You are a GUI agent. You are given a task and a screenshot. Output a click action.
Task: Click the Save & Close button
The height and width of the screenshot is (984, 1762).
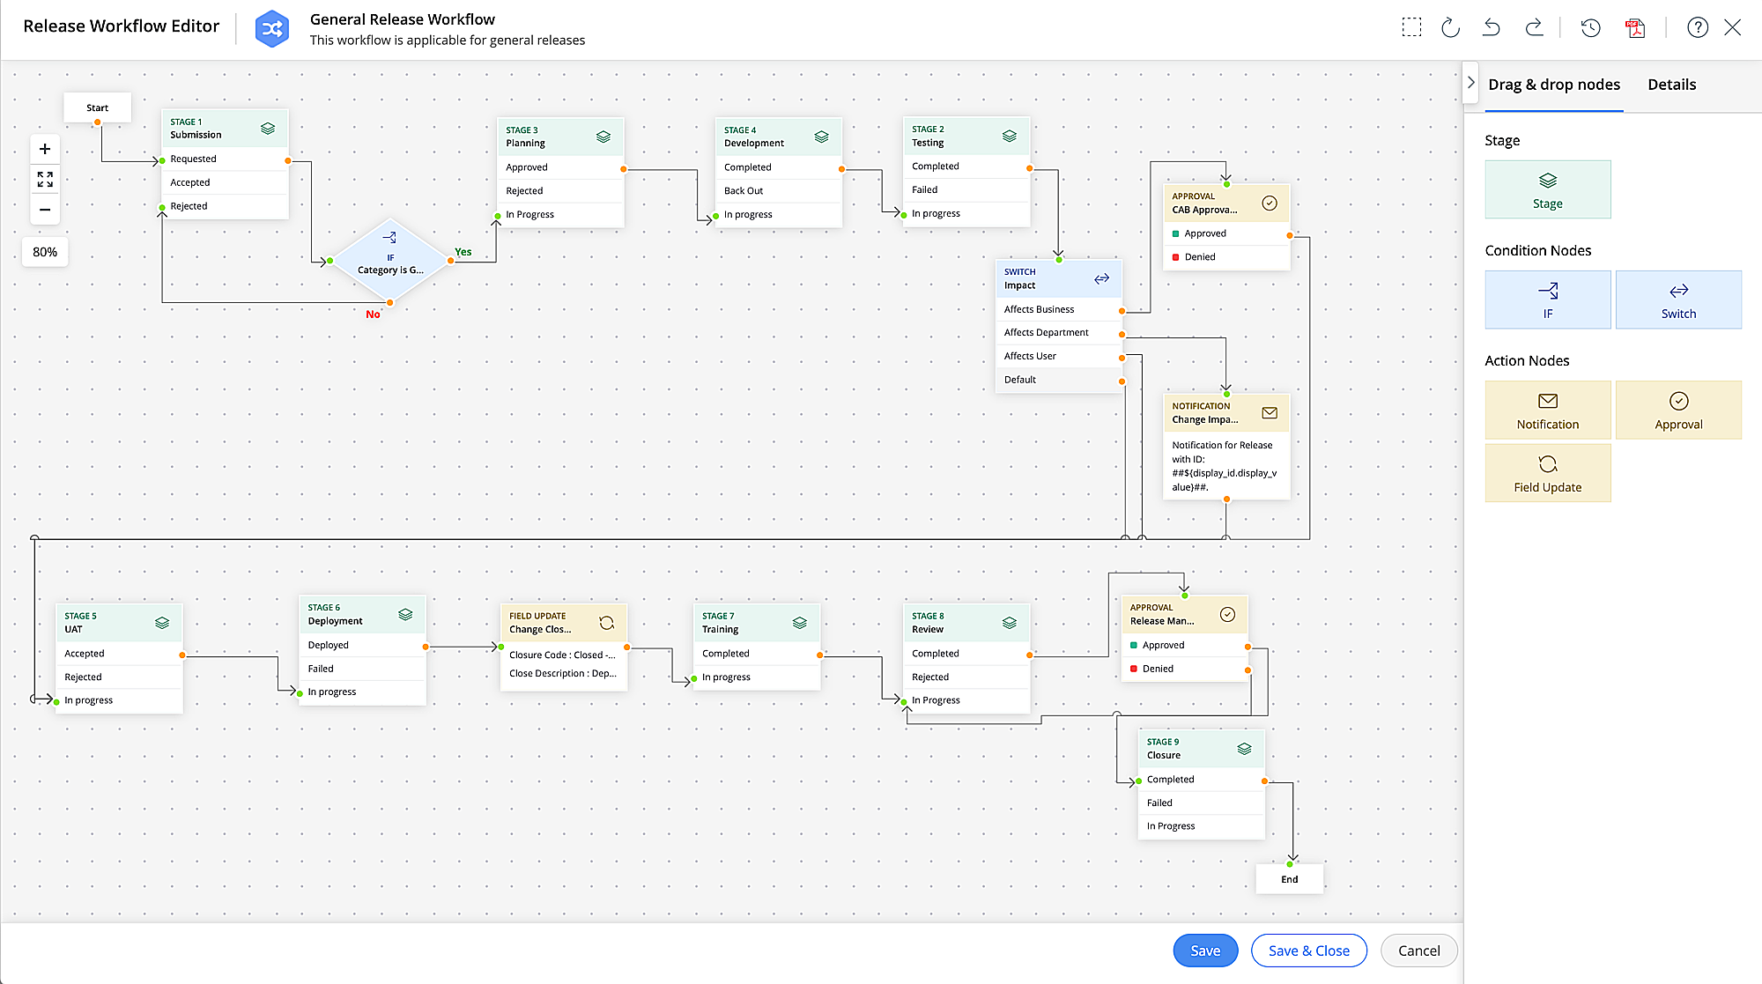coord(1308,951)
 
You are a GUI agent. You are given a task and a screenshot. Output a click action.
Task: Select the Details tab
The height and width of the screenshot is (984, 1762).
coord(1671,85)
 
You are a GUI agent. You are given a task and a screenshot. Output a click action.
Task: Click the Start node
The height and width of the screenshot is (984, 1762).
coord(97,107)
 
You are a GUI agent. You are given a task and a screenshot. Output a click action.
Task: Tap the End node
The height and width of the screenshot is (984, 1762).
coord(1289,879)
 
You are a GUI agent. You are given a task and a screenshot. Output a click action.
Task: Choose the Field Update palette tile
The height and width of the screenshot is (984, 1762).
coord(1547,473)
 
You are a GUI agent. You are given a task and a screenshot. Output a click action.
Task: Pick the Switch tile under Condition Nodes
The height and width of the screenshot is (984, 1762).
coord(1677,300)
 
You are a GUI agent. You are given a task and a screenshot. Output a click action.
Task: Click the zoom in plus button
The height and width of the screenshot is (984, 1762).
coord(45,149)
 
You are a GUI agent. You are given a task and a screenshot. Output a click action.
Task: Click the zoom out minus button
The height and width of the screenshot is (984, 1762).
coord(45,210)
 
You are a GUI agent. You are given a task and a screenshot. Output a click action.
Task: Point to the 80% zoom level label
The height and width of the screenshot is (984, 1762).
coord(45,252)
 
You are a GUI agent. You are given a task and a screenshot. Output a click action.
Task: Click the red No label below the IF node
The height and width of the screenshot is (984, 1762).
coord(373,314)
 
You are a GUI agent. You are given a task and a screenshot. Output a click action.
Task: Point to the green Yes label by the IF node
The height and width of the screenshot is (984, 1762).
coord(463,252)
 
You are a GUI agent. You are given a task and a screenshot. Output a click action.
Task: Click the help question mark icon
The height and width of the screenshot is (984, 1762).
coord(1697,27)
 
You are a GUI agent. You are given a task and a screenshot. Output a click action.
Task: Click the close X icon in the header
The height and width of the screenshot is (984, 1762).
coord(1732,27)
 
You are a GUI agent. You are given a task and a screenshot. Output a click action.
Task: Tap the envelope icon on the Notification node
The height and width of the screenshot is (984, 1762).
coord(1270,413)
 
